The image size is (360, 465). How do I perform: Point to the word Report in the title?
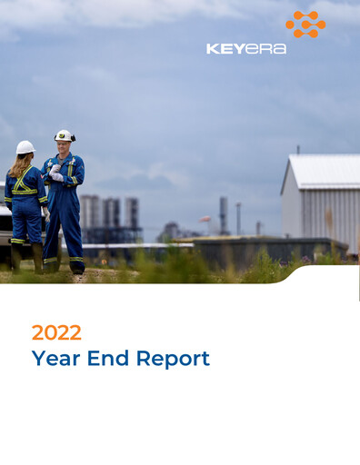coord(173,358)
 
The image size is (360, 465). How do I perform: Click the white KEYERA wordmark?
coord(245,48)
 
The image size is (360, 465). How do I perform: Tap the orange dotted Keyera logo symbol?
coord(305,25)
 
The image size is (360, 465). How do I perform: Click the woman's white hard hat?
coord(25,147)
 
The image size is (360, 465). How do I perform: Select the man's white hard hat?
coord(64,135)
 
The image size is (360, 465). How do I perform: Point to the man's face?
coord(63,145)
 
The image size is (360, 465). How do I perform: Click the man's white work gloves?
coord(55,173)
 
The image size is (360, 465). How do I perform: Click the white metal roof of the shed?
coord(323,170)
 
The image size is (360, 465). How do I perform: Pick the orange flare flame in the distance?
coord(205,218)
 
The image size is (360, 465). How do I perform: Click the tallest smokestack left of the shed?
coord(224,214)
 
